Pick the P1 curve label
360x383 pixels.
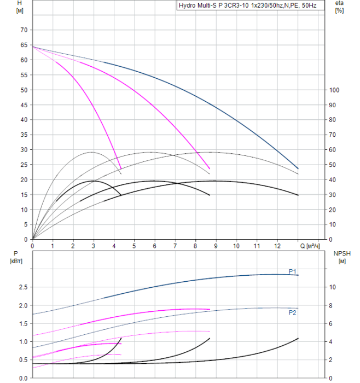(x=292, y=271)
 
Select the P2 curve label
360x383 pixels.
(x=292, y=312)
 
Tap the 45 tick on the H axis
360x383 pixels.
(x=23, y=105)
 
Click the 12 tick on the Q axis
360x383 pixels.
(x=277, y=246)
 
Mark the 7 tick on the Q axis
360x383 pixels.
(x=176, y=246)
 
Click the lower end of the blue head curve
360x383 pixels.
(x=298, y=169)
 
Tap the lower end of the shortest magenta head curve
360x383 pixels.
(x=121, y=169)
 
